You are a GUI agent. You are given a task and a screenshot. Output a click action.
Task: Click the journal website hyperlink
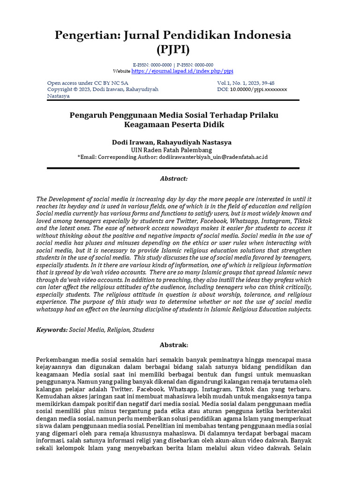click(182, 71)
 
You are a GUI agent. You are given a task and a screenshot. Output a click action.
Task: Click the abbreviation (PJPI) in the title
click(172, 49)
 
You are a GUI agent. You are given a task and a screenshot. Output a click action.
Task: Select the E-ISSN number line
click(172, 65)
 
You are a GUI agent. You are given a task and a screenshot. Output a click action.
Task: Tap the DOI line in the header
click(252, 89)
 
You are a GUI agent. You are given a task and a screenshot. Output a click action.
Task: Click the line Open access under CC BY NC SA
click(88, 83)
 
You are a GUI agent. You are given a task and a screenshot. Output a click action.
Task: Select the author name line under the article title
click(172, 142)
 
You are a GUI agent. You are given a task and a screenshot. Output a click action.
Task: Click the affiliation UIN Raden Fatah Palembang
click(172, 150)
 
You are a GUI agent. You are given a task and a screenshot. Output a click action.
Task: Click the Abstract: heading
click(173, 179)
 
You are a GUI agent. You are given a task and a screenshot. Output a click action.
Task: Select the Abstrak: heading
click(173, 345)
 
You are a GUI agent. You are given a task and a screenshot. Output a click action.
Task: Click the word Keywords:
click(52, 330)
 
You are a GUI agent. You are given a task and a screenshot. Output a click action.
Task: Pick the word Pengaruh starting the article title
click(88, 115)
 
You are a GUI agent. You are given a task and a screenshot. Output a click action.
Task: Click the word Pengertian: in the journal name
click(88, 35)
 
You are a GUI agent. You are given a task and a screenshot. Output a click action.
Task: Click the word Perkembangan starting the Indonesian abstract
click(60, 360)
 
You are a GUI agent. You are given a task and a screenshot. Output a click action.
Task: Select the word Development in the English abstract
click(68, 199)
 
